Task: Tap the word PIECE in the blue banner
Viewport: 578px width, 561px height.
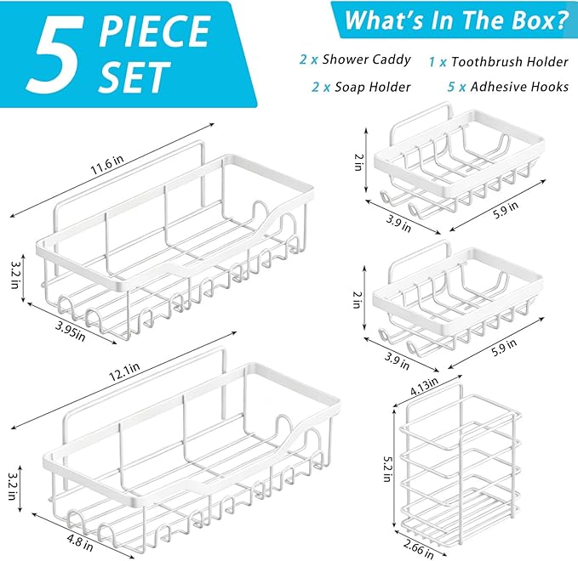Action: pyautogui.click(x=155, y=31)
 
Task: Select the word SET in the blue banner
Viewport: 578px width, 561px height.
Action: pyautogui.click(x=134, y=77)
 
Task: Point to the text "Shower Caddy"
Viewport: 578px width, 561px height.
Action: pyautogui.click(x=366, y=59)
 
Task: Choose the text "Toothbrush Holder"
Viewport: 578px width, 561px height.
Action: pyautogui.click(x=510, y=61)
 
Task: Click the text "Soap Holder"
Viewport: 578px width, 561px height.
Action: pyautogui.click(x=372, y=87)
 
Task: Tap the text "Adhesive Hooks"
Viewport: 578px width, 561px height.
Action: pyautogui.click(x=520, y=87)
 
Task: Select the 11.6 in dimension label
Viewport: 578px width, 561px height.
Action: pyautogui.click(x=107, y=165)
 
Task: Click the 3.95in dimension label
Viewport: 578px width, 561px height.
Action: pyautogui.click(x=71, y=331)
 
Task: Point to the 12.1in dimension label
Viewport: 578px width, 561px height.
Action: pyautogui.click(x=124, y=372)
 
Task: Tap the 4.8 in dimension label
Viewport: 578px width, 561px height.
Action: pyautogui.click(x=80, y=542)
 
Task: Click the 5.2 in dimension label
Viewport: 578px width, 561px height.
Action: pyautogui.click(x=386, y=468)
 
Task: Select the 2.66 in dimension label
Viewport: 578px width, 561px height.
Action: pyautogui.click(x=418, y=549)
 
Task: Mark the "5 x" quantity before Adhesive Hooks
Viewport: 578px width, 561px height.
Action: pyautogui.click(x=457, y=87)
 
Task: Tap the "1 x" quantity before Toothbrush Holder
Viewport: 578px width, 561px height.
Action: pyautogui.click(x=438, y=62)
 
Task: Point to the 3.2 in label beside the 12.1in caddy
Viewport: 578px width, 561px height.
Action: pyautogui.click(x=12, y=486)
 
